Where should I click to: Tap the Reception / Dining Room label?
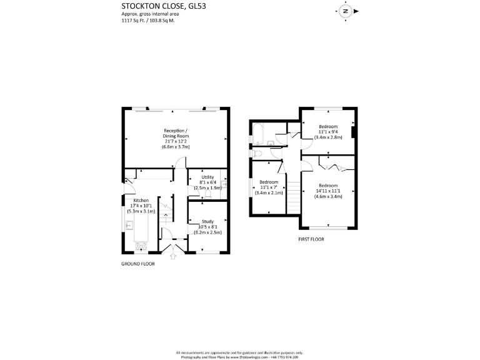(x=175, y=138)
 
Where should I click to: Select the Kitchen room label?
(x=140, y=206)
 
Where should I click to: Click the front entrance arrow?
(x=173, y=256)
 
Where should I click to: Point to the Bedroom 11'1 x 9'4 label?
(x=328, y=132)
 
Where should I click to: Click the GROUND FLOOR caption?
(x=137, y=264)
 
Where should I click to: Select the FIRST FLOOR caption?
(x=312, y=239)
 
